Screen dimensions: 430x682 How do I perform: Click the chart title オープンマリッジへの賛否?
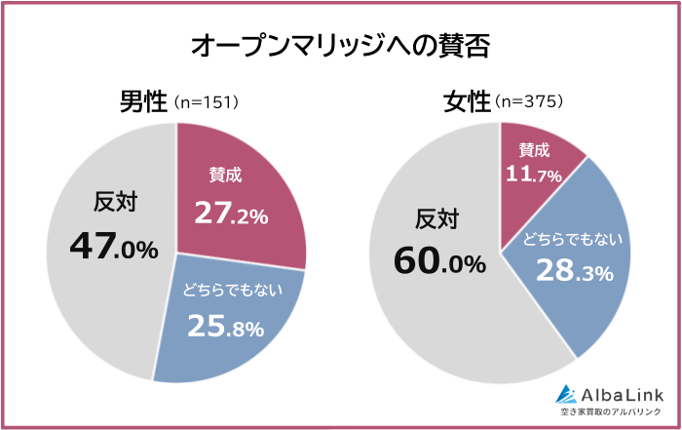pyautogui.click(x=340, y=46)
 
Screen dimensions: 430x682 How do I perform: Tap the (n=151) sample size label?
pyautogui.click(x=206, y=102)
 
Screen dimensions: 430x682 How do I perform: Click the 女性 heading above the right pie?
pyautogui.click(x=467, y=101)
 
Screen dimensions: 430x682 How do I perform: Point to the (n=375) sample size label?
pyautogui.click(x=529, y=102)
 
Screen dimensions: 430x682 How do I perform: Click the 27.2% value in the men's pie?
pyautogui.click(x=231, y=214)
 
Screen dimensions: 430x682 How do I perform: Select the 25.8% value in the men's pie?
pyautogui.click(x=225, y=327)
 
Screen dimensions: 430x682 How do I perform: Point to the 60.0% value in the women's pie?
pyautogui.click(x=439, y=261)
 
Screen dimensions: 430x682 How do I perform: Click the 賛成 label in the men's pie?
pyautogui.click(x=225, y=176)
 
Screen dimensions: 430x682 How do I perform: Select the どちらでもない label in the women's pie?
pyautogui.click(x=574, y=238)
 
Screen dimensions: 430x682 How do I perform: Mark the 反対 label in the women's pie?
pyautogui.click(x=437, y=217)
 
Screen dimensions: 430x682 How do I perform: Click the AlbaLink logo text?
pyautogui.click(x=622, y=394)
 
